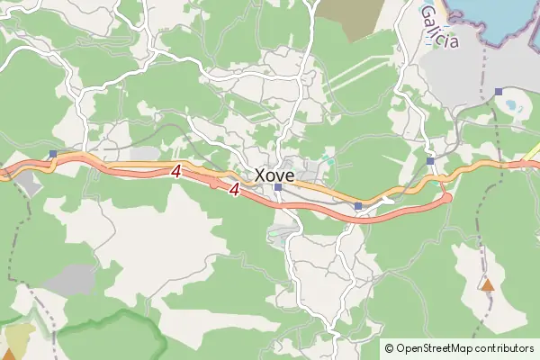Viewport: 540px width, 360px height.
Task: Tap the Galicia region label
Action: (439, 26)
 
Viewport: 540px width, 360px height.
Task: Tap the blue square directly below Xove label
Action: (279, 187)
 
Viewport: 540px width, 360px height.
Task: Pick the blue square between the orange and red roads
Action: (358, 207)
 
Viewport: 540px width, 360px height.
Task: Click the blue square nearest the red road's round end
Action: (431, 161)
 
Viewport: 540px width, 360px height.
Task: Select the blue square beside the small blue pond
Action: (499, 92)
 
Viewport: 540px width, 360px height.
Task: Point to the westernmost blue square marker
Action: (53, 154)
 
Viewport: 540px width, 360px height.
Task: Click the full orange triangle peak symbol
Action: (487, 285)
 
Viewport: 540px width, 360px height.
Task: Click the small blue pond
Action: (512, 104)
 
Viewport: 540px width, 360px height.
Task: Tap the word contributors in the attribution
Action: (505, 348)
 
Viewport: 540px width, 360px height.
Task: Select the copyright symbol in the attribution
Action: (389, 348)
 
